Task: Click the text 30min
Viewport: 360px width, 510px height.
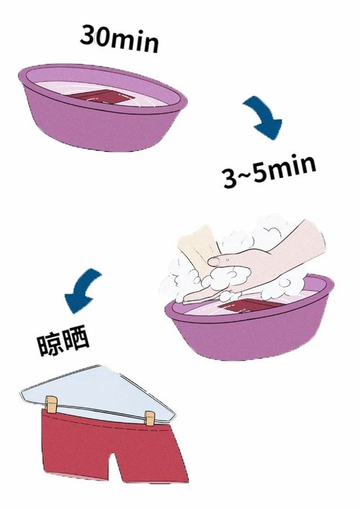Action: pyautogui.click(x=120, y=38)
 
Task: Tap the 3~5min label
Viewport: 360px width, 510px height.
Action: pyautogui.click(x=268, y=171)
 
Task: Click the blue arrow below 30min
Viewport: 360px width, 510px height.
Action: pyautogui.click(x=264, y=119)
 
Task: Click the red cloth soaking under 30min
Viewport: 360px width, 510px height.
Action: pyautogui.click(x=102, y=97)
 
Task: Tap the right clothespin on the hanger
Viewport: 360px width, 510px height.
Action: pyautogui.click(x=149, y=418)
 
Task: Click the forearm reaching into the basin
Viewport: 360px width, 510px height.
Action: pyautogui.click(x=295, y=249)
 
